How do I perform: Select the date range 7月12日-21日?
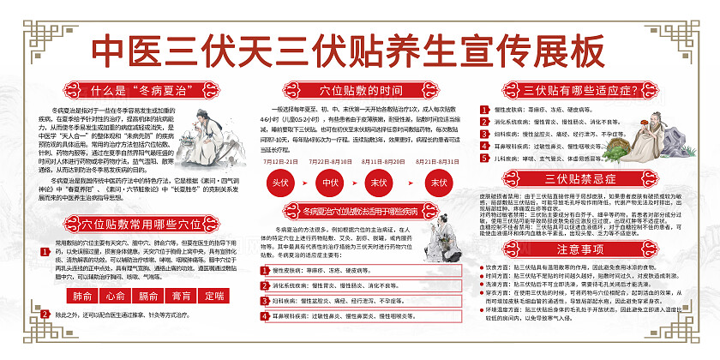pos(282,160)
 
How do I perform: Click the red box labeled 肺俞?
pos(82,296)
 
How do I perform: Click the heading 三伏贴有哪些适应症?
pos(567,90)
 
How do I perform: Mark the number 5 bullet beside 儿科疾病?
pos(486,159)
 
